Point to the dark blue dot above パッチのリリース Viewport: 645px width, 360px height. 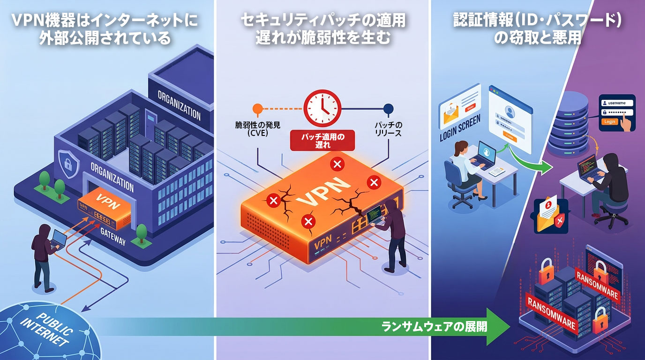click(x=388, y=109)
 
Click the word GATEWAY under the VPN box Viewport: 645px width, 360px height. click(x=113, y=237)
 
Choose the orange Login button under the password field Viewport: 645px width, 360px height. click(x=609, y=121)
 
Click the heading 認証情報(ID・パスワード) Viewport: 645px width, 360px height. click(x=537, y=21)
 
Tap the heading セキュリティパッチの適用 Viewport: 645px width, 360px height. click(x=322, y=21)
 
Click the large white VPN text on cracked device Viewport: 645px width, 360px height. click(x=323, y=192)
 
